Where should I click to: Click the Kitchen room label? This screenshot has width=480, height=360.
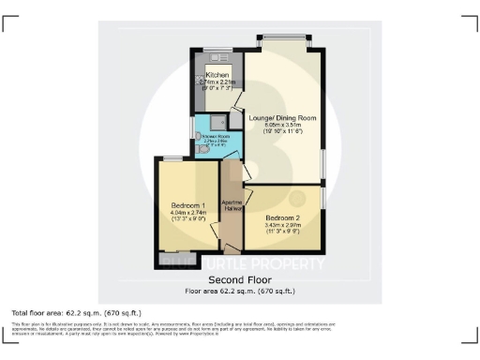[217, 74]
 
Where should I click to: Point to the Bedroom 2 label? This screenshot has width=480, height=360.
[282, 217]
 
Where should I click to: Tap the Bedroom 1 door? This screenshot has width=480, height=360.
[217, 231]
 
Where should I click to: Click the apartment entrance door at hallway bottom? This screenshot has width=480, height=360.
[232, 247]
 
